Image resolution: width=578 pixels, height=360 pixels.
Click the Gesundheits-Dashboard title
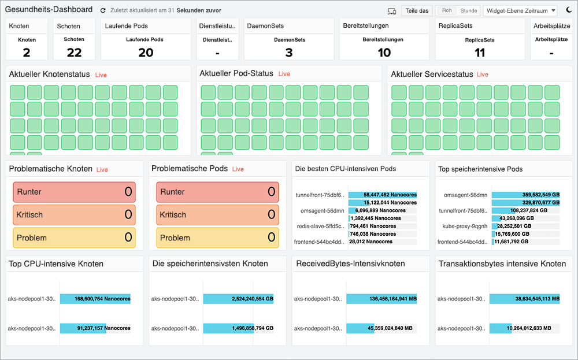[49, 10]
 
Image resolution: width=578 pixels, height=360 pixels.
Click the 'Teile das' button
[417, 10]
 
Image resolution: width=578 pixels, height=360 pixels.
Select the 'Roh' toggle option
[447, 10]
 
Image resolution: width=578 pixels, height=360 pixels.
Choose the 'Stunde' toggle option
[468, 10]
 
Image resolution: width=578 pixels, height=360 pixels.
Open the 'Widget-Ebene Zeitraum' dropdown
[520, 10]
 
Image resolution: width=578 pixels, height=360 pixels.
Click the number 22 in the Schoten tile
[74, 53]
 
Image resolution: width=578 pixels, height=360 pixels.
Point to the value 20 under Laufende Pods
[146, 53]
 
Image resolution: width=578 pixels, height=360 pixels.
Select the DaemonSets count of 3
[289, 53]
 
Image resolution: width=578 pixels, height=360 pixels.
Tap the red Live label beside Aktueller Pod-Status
[284, 74]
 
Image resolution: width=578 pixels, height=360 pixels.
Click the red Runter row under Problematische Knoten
[74, 192]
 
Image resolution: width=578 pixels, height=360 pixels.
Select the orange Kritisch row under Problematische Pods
[217, 215]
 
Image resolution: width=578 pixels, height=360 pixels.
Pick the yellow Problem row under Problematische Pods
[217, 237]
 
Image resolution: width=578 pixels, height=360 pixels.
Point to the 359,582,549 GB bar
[526, 195]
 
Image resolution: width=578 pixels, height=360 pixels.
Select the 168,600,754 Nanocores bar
[95, 299]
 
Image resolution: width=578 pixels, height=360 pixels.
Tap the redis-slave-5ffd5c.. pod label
[320, 227]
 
